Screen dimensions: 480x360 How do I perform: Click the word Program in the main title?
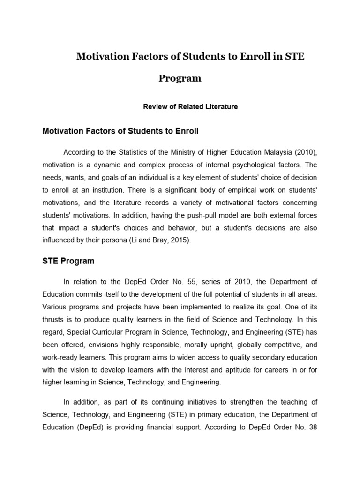tap(180, 78)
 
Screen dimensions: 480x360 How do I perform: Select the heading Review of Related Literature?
tap(190, 106)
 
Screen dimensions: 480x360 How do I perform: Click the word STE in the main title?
tap(292, 57)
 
